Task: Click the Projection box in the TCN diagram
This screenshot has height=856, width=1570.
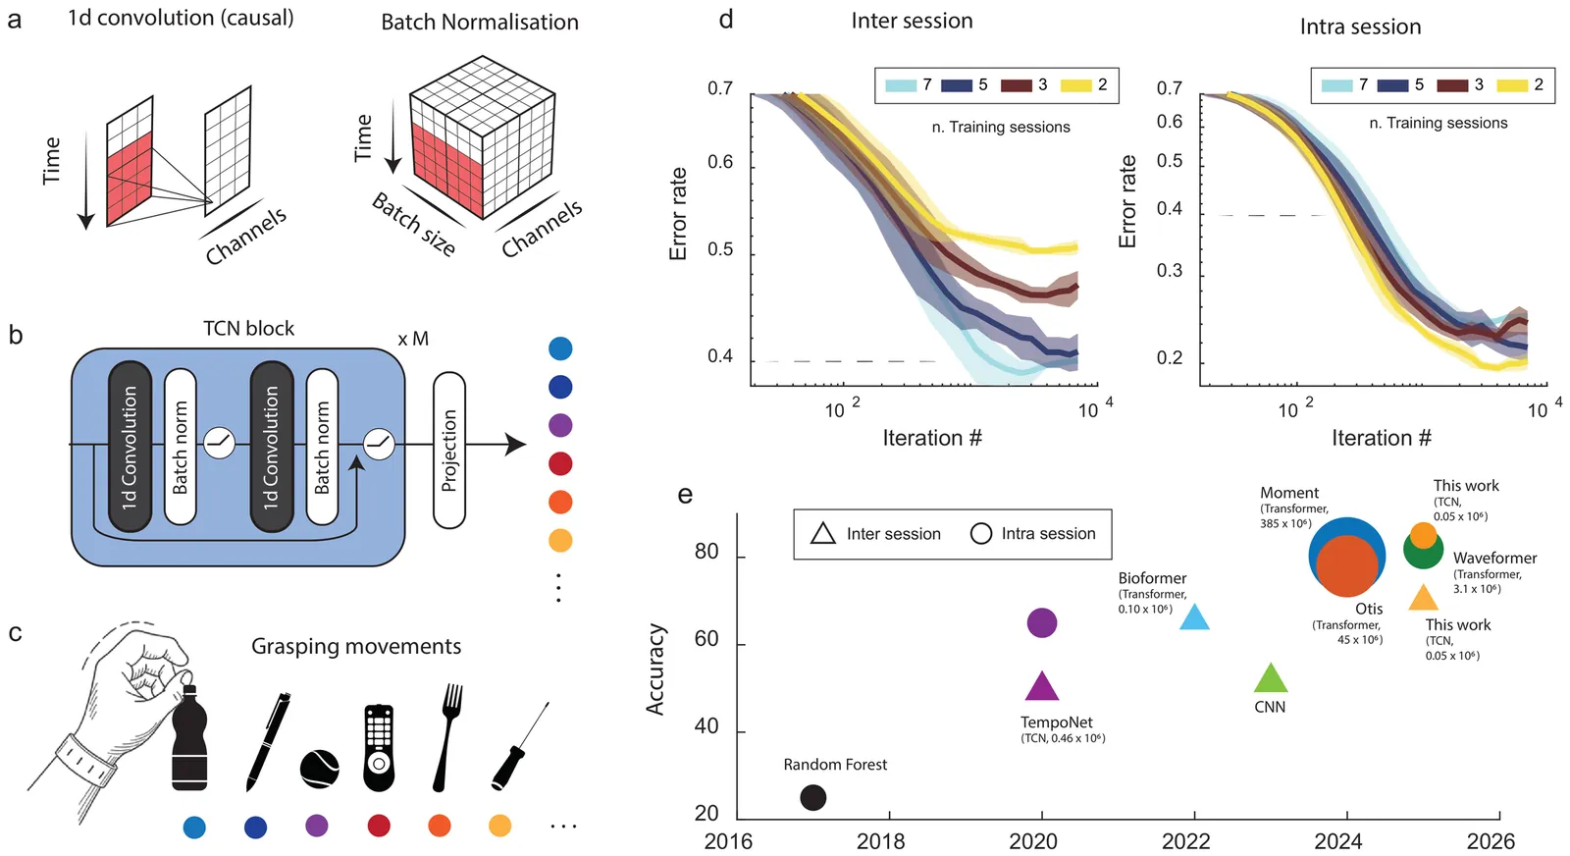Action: (449, 450)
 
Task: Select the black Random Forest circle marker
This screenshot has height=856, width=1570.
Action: (812, 797)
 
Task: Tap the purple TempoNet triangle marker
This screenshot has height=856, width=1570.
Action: (1041, 687)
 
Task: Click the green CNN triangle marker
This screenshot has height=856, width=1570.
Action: (1271, 678)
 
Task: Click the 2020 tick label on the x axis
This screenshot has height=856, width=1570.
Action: (1033, 841)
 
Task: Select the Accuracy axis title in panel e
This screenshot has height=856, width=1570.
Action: (655, 669)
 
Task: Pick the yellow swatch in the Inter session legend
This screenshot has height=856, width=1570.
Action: (1075, 85)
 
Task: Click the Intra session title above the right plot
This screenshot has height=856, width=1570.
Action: (1360, 27)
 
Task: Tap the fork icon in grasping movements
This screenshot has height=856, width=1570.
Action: (449, 736)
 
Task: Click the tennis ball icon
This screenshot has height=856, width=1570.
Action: (320, 769)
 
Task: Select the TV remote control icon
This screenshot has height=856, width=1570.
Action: (379, 747)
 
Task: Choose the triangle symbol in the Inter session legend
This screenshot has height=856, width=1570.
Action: (823, 533)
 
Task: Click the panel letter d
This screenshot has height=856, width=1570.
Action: (726, 19)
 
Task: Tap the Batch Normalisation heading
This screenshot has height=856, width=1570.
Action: (480, 22)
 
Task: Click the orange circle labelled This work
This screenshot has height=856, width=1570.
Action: (1423, 535)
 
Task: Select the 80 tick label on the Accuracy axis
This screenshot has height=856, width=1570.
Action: (706, 552)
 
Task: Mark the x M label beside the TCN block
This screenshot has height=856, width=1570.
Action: (413, 339)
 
